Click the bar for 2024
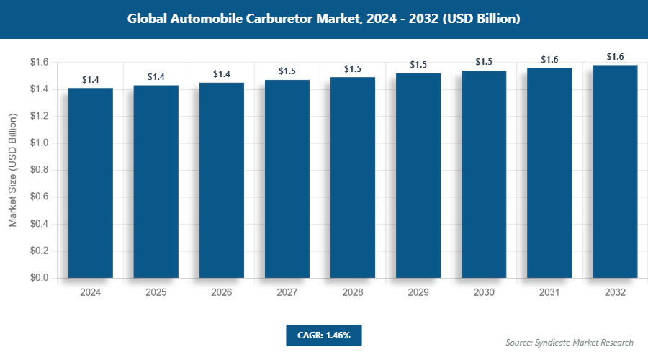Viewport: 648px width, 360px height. pos(91,183)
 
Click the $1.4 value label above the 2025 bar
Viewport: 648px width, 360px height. pos(156,76)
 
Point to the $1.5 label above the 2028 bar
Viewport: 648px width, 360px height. pos(353,68)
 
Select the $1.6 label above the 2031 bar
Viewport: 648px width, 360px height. pos(549,59)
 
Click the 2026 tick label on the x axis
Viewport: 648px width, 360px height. pos(222,293)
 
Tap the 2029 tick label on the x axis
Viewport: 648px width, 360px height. pos(418,293)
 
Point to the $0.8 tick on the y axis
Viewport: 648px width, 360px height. pos(39,170)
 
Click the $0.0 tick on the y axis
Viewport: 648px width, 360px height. pos(39,278)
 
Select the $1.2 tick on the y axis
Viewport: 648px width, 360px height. pos(39,116)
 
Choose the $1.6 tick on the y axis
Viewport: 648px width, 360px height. pos(39,63)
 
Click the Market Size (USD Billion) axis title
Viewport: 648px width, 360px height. pos(13,170)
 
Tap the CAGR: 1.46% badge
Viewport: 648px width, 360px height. pos(323,335)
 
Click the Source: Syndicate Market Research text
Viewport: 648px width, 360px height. pos(570,342)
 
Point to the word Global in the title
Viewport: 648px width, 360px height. pos(149,19)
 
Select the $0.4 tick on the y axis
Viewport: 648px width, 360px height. pos(39,224)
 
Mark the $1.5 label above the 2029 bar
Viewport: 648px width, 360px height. pos(418,65)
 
